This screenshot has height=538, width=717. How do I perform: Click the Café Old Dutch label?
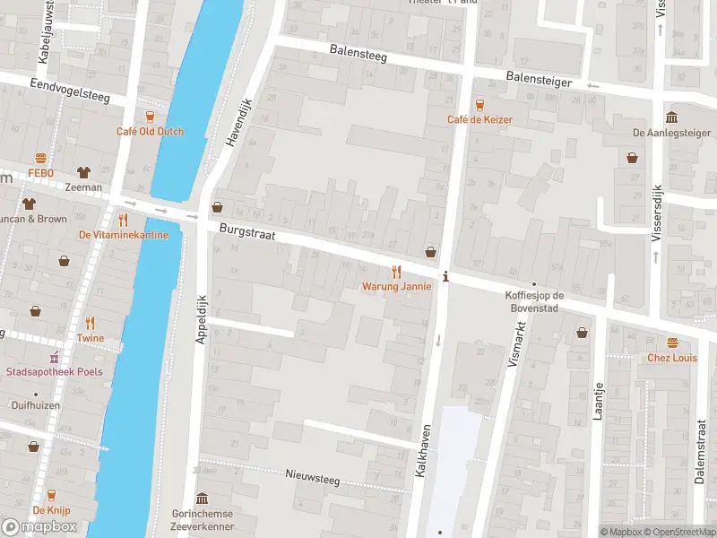pyautogui.click(x=150, y=131)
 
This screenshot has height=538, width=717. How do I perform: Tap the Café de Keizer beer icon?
pyautogui.click(x=479, y=104)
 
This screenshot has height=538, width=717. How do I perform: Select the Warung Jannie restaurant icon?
pyautogui.click(x=396, y=272)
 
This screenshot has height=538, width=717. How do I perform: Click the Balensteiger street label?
pyautogui.click(x=539, y=80)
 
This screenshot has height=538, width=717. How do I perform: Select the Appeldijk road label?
pyautogui.click(x=202, y=322)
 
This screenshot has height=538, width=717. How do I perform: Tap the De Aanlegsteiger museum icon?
pyautogui.click(x=671, y=117)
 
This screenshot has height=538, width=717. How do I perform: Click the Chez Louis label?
pyautogui.click(x=672, y=358)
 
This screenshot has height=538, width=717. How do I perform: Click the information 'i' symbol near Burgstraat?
pyautogui.click(x=445, y=276)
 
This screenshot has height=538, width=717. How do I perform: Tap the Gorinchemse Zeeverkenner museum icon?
pyautogui.click(x=203, y=499)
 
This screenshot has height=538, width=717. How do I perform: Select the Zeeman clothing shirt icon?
pyautogui.click(x=83, y=172)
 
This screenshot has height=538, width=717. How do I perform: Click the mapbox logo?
pyautogui.click(x=39, y=526)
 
